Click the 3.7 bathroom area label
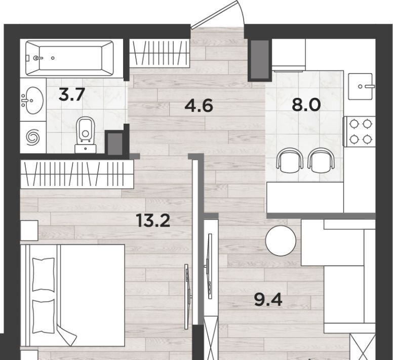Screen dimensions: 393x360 [71, 95]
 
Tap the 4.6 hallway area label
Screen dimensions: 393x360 [199, 105]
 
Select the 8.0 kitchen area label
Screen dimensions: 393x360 [306, 105]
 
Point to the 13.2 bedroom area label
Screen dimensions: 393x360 [153, 221]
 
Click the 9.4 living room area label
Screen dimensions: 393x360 [268, 300]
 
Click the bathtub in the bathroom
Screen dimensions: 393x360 [69, 58]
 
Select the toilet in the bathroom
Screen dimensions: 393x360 [86, 135]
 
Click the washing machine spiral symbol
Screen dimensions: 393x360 [33, 137]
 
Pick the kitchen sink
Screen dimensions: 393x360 [360, 86]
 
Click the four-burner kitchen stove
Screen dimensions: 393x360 [360, 131]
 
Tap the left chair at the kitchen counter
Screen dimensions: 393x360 [290, 160]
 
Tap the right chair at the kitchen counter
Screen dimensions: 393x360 [321, 160]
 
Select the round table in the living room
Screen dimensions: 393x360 [281, 240]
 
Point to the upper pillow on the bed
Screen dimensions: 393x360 [44, 275]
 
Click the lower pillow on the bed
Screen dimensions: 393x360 [44, 316]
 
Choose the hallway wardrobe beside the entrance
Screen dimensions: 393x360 [160, 53]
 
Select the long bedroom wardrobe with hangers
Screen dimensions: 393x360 [77, 174]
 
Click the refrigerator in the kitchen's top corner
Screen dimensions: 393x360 [289, 55]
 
